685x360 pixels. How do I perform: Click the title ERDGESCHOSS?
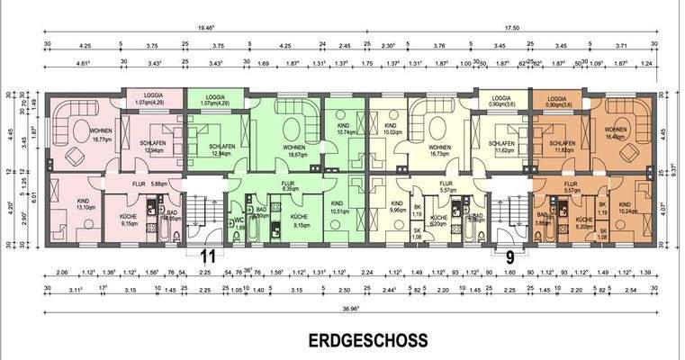point(367,342)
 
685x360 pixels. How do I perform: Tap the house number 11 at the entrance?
point(209,253)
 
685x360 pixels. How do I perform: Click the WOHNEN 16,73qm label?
point(438,150)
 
